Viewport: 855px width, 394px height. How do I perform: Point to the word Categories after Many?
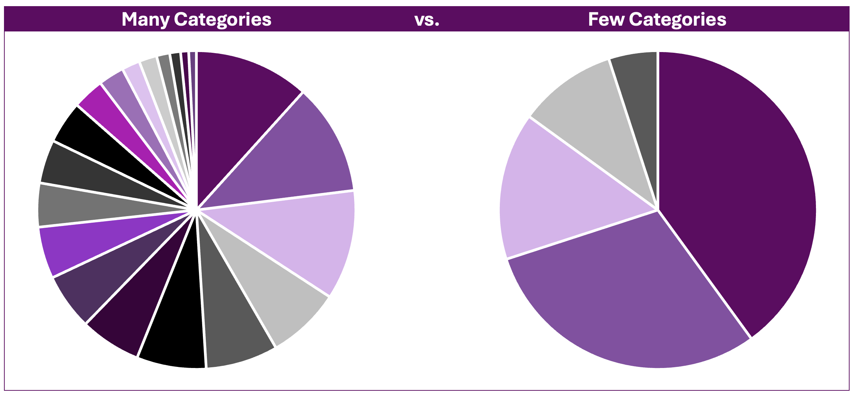[x=222, y=20]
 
